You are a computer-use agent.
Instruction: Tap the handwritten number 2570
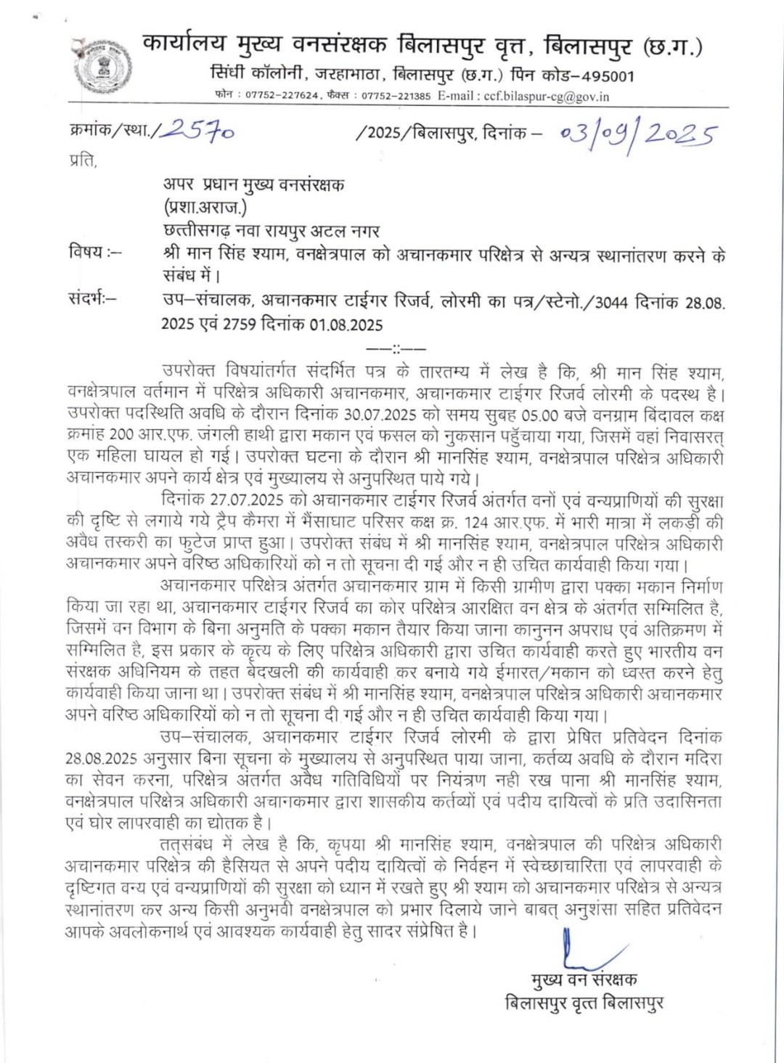[x=198, y=133]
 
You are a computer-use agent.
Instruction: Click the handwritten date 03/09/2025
[x=638, y=136]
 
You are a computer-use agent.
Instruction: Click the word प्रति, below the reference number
[x=82, y=161]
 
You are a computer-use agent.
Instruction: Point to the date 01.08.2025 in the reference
[x=346, y=325]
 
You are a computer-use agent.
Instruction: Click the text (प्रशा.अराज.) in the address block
[x=205, y=207]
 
